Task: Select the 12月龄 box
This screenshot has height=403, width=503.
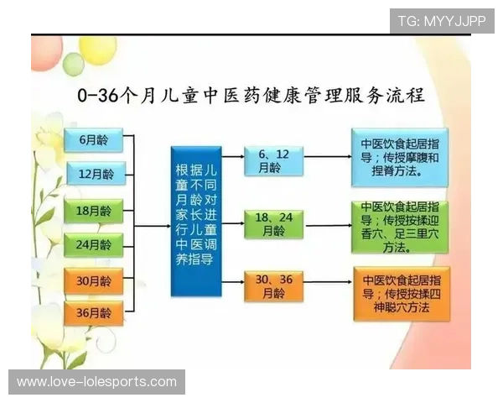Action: coord(94,175)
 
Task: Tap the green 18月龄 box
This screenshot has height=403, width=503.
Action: coord(94,210)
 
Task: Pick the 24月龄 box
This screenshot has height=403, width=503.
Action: coord(94,245)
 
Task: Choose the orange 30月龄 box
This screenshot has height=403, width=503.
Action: coord(94,280)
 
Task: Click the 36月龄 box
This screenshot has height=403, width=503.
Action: coord(94,314)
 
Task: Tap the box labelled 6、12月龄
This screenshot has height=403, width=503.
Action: coord(273,160)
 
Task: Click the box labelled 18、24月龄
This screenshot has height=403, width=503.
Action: coord(273,224)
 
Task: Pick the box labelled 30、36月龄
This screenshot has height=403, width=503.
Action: coord(273,286)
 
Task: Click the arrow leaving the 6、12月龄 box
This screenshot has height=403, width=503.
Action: coord(327,157)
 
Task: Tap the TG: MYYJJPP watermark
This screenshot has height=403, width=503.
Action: coord(442,20)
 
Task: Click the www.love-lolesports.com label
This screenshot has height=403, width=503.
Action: coord(97,382)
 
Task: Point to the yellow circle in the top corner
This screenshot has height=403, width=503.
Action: coord(97,48)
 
